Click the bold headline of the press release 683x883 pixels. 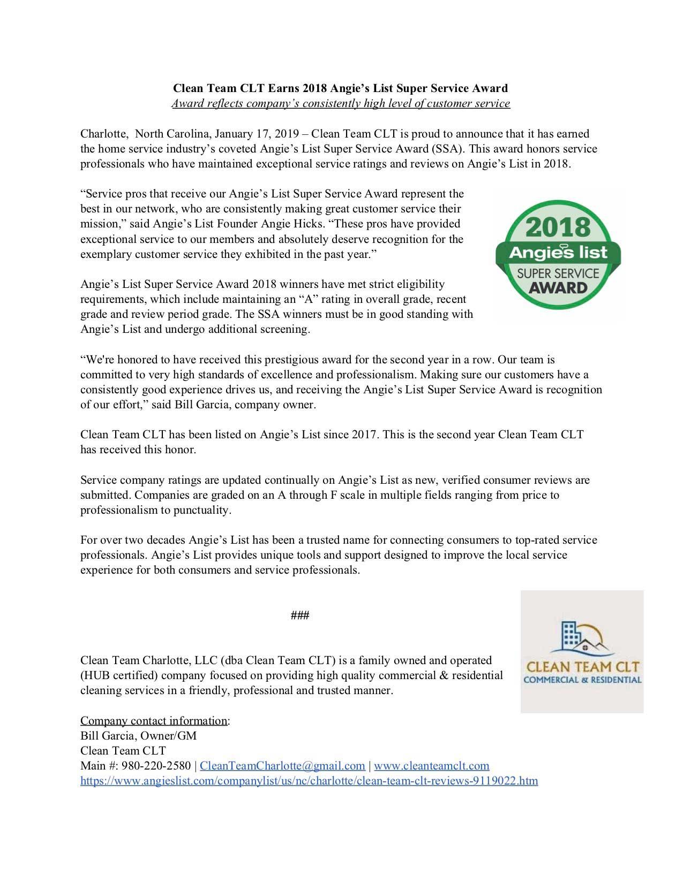340,88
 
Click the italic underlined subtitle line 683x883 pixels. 340,103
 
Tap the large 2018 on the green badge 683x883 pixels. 558,228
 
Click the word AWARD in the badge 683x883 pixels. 558,288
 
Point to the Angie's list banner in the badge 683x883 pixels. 558,252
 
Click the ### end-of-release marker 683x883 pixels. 299,615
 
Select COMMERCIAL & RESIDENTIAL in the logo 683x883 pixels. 582,680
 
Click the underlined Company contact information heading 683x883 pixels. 154,721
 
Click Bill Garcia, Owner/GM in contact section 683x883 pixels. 138,736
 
